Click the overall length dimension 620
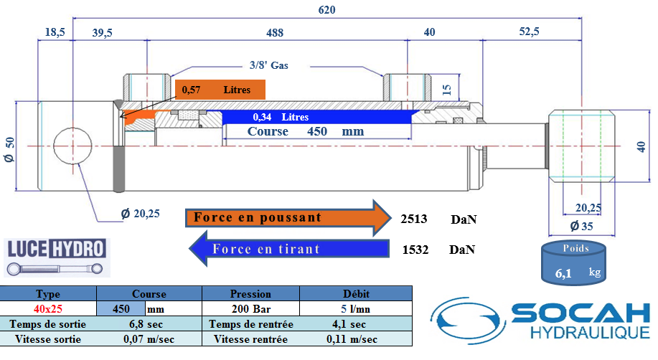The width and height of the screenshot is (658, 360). [326, 9]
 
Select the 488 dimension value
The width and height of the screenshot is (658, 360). [275, 33]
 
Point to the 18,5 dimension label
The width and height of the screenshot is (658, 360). [55, 32]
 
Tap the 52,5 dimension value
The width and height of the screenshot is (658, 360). [529, 32]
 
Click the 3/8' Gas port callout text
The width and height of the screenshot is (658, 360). [268, 65]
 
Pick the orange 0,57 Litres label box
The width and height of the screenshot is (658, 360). [220, 90]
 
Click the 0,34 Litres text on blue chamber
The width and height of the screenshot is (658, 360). [281, 117]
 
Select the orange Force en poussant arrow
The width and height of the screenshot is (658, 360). [288, 218]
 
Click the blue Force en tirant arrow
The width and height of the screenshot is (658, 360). [289, 249]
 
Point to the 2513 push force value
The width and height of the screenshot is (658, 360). [414, 219]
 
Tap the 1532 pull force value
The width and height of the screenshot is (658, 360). [415, 250]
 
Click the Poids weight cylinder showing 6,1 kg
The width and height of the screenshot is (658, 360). [573, 263]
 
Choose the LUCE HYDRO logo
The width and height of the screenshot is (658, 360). [57, 257]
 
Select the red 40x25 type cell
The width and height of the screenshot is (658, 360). [48, 309]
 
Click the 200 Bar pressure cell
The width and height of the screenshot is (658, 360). [251, 309]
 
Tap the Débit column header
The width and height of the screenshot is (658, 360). [357, 294]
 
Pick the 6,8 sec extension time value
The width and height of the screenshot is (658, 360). [146, 324]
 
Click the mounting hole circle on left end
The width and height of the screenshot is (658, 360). [72, 146]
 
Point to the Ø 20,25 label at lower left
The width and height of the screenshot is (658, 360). [140, 214]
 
